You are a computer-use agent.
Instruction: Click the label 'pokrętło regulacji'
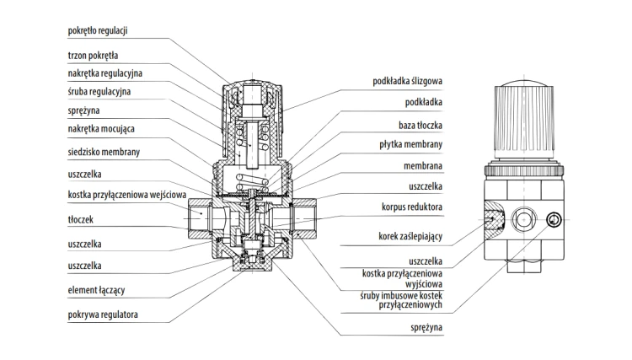click(98, 30)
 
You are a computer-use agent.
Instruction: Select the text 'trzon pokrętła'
click(93, 56)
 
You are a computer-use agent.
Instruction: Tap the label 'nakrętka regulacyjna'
click(104, 73)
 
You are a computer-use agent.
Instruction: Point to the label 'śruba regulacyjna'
click(99, 92)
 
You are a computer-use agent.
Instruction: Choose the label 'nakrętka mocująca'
click(101, 129)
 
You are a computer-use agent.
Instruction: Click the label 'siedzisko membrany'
click(104, 152)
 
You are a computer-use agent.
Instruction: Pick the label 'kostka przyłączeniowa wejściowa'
click(127, 195)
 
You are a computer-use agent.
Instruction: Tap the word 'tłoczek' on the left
click(81, 220)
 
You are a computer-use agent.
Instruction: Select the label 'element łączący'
click(96, 290)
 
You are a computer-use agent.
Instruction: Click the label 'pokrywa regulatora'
click(103, 314)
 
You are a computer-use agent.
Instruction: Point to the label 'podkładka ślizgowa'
click(408, 81)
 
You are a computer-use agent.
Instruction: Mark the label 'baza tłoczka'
click(420, 126)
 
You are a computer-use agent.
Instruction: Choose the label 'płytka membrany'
click(410, 144)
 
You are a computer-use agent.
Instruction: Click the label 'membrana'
click(423, 166)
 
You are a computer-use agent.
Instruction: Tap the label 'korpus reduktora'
click(412, 207)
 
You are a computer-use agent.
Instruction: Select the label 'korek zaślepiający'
click(410, 236)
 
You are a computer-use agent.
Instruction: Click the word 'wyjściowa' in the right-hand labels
click(424, 284)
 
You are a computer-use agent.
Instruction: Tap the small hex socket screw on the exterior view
click(554, 220)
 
